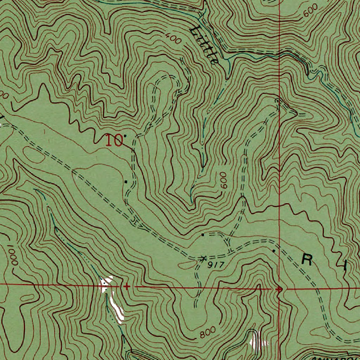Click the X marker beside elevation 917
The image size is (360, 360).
202,259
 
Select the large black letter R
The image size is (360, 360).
308,260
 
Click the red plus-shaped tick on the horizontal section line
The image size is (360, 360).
127,287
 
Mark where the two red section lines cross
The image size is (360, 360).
279,289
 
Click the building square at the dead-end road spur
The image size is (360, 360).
202,234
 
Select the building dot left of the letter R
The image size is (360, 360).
274,251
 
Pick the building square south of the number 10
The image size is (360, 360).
126,181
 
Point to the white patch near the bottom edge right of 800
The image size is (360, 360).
256,340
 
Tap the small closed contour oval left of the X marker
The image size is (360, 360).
186,262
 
